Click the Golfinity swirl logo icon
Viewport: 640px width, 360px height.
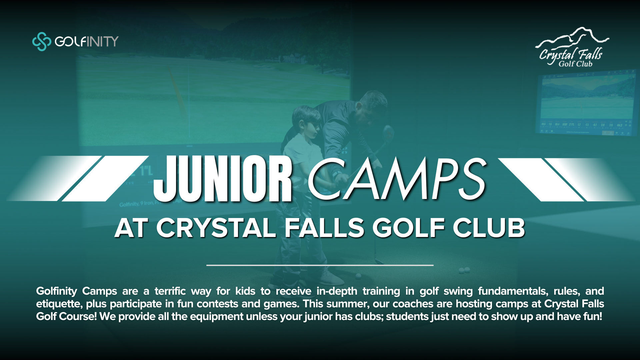tap(41, 41)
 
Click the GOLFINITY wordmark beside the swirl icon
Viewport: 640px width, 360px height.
tap(87, 41)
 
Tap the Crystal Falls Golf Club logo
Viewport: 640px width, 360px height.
tap(572, 47)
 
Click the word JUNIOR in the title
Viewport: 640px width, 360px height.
tap(223, 179)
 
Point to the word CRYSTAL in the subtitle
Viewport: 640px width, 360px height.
tap(216, 228)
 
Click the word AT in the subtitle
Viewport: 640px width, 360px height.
tap(131, 228)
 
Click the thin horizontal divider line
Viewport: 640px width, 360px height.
tap(320, 265)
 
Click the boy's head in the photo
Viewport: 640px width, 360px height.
tap(305, 122)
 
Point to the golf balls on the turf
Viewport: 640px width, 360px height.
tap(464, 270)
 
